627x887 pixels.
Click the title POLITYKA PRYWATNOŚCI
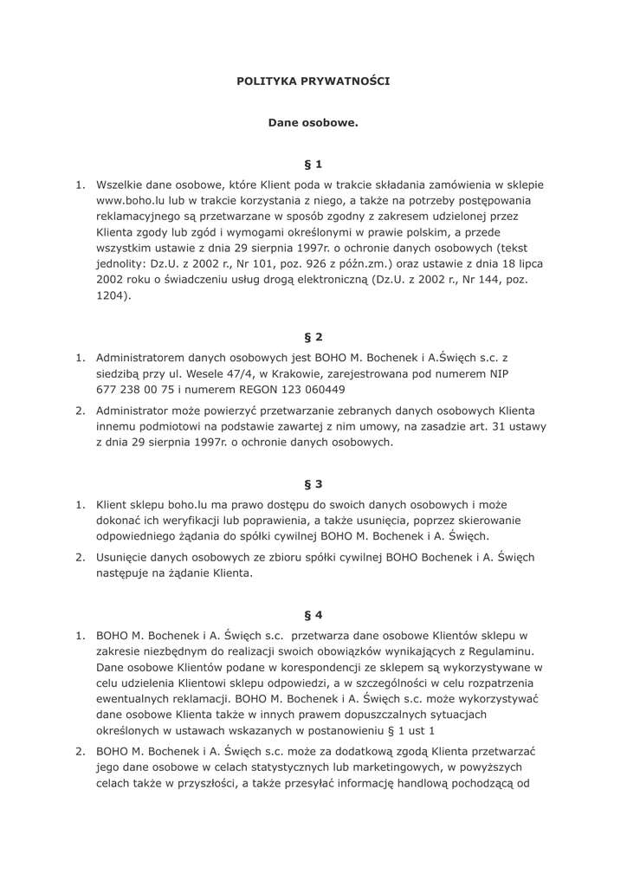(313, 81)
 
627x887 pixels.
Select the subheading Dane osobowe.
(313, 123)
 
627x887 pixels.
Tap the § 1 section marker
(313, 164)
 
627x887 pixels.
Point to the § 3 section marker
(313, 483)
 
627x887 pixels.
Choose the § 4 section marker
(313, 615)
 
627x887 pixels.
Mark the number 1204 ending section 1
(111, 295)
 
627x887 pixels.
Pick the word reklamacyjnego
(142, 217)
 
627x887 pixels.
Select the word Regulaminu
(492, 651)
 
